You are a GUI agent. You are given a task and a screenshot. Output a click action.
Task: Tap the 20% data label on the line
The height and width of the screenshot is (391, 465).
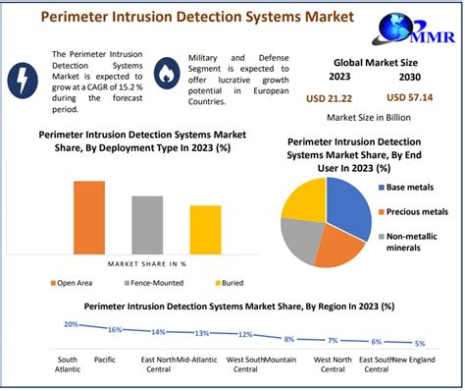[71, 323]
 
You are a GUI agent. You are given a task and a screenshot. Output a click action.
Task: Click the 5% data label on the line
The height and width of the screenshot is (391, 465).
[420, 343]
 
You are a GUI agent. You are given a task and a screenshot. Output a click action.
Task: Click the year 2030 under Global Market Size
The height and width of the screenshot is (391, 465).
[411, 78]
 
